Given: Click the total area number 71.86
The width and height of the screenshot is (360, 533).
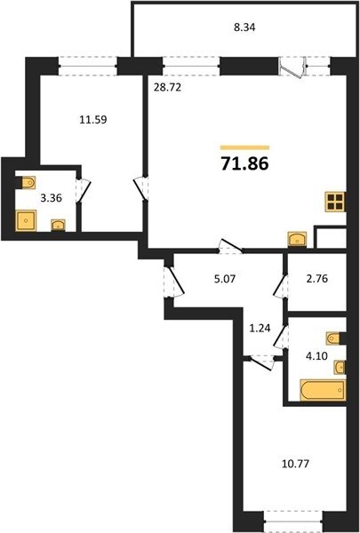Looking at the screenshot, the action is tap(245, 163).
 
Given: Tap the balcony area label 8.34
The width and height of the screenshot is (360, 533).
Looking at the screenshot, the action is tap(244, 28).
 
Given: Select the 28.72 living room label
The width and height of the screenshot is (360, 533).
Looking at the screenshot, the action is tap(166, 88).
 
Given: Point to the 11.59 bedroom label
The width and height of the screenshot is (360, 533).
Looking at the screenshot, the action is tap(93, 120).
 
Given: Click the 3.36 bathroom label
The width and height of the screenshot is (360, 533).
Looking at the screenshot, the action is tap(51, 198).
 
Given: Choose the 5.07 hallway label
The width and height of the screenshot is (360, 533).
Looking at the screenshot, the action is tap(225, 280).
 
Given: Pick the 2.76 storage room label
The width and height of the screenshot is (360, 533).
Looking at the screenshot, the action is tap(316, 279).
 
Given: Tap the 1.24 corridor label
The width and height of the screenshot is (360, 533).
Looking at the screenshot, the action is tap(260, 329).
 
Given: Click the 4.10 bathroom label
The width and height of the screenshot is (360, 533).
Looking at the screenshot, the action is tap(316, 356).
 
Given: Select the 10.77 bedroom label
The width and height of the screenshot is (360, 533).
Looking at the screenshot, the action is tap(295, 464).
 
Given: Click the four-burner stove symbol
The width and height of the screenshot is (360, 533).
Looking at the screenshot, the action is tap(335, 202).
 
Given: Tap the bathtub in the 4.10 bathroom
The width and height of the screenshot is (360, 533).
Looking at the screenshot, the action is tap(323, 390).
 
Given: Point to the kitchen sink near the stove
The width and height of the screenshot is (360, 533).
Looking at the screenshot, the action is tap(297, 239).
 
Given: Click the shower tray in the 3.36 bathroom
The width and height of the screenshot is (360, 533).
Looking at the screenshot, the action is tap(26, 220).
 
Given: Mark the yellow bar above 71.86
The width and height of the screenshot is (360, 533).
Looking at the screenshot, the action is tap(245, 147).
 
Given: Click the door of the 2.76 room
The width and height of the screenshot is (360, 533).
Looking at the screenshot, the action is tap(281, 286).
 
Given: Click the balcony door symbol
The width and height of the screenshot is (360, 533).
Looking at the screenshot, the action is tap(292, 68).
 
